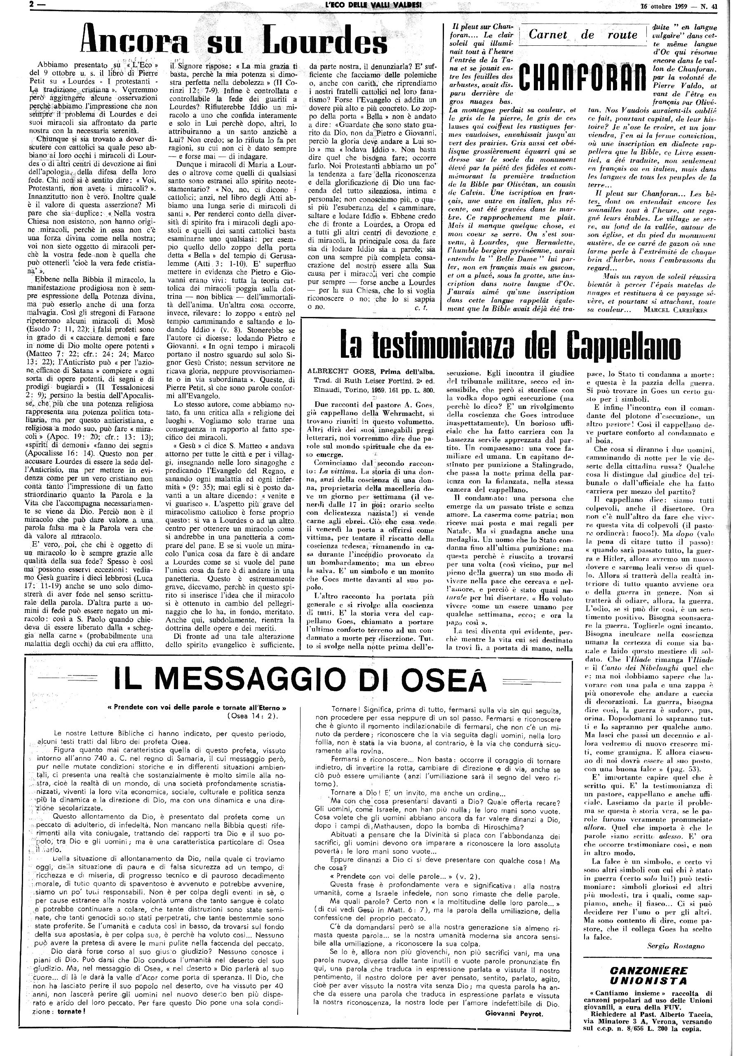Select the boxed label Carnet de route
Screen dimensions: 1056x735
(583, 35)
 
